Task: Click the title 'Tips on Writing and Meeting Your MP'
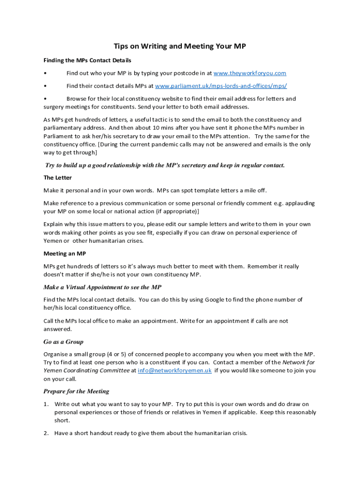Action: coord(180,46)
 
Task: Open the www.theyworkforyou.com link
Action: coord(250,73)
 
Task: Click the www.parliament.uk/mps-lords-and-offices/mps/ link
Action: coord(221,86)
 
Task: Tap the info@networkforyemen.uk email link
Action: coord(174,370)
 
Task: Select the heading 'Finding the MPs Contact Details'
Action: coord(87,60)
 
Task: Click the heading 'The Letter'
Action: coord(58,178)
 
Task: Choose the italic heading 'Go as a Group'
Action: coord(64,342)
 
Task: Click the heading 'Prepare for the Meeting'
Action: coord(76,392)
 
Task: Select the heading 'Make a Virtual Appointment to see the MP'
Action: coord(102,287)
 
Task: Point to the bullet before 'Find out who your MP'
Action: coord(45,73)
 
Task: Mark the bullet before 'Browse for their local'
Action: coord(45,99)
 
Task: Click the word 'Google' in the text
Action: coord(214,300)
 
